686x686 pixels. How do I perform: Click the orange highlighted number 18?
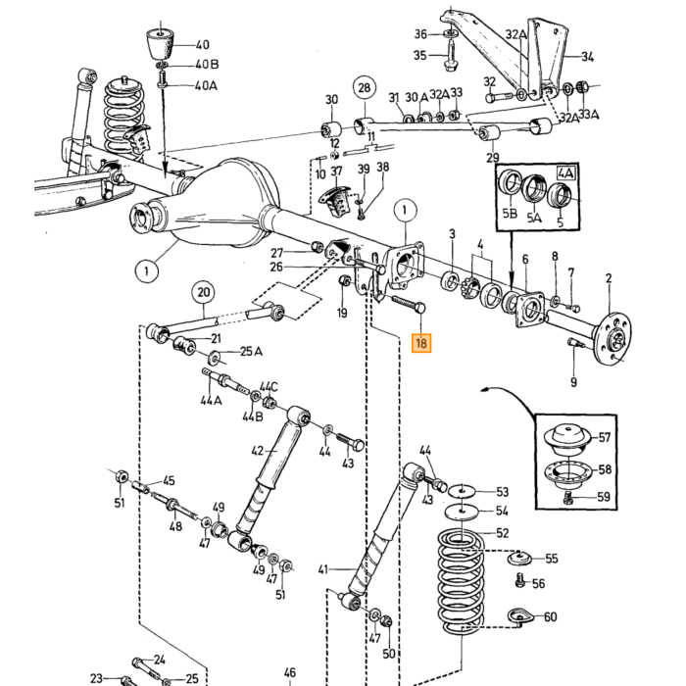pyautogui.click(x=421, y=343)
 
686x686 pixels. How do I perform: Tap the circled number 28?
pyautogui.click(x=365, y=88)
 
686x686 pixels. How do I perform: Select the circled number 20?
pyautogui.click(x=204, y=292)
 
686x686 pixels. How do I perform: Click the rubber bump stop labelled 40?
pyautogui.click(x=160, y=43)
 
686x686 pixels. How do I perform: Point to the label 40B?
pyautogui.click(x=207, y=65)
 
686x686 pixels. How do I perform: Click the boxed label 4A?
pyautogui.click(x=565, y=173)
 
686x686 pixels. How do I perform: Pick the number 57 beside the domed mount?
pyautogui.click(x=605, y=437)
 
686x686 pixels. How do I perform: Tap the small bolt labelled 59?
pyautogui.click(x=568, y=497)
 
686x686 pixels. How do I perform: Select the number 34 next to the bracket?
pyautogui.click(x=588, y=57)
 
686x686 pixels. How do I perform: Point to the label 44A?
pyautogui.click(x=211, y=400)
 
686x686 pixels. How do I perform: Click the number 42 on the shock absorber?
pyautogui.click(x=258, y=450)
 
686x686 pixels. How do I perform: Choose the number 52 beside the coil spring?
pyautogui.click(x=502, y=532)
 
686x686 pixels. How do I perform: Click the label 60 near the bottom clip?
pyautogui.click(x=550, y=616)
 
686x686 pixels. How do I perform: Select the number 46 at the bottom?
pyautogui.click(x=290, y=672)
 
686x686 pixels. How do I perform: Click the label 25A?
pyautogui.click(x=251, y=351)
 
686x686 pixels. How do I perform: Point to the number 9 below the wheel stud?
pyautogui.click(x=573, y=382)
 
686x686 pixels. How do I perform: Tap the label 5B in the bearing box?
pyautogui.click(x=510, y=213)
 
